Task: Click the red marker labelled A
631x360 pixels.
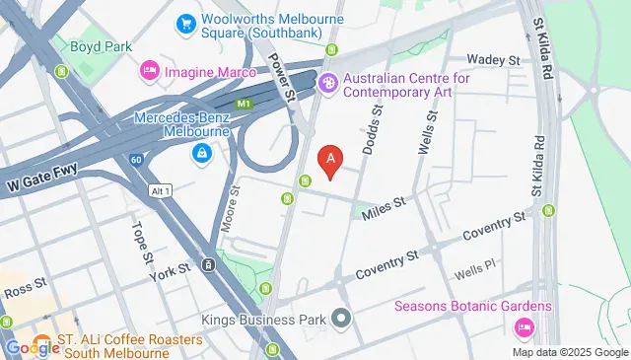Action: (331, 159)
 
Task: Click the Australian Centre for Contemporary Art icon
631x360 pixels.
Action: (328, 86)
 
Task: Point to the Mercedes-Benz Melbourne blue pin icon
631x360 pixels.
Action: (201, 153)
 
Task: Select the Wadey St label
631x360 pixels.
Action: (493, 60)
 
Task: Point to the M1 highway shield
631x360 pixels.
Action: (242, 102)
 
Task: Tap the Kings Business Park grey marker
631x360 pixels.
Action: (341, 319)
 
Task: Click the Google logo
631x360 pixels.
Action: (32, 347)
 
